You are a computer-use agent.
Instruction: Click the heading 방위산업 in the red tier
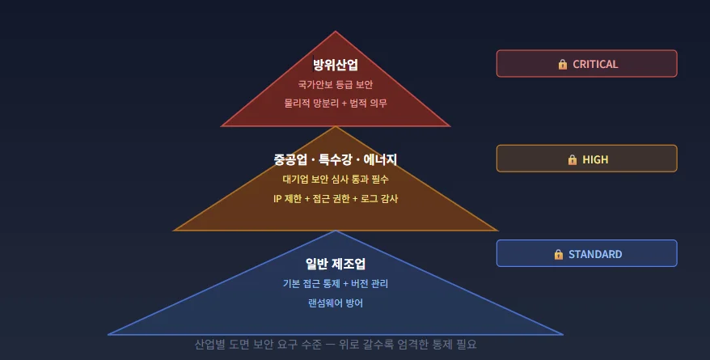pyautogui.click(x=336, y=65)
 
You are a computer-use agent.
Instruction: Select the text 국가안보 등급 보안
pyautogui.click(x=336, y=84)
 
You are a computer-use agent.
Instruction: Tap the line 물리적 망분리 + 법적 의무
pyautogui.click(x=336, y=104)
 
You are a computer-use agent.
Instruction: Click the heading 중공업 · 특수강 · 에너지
pyautogui.click(x=336, y=159)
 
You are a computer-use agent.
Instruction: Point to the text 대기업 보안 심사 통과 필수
pyautogui.click(x=336, y=179)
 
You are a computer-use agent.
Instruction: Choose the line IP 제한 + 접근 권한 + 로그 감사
pyautogui.click(x=336, y=198)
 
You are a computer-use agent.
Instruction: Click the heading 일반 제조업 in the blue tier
pyautogui.click(x=336, y=264)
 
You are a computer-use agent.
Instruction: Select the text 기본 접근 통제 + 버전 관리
pyautogui.click(x=336, y=284)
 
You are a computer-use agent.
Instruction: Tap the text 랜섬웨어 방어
pyautogui.click(x=336, y=303)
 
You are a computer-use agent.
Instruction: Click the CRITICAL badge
pyautogui.click(x=586, y=64)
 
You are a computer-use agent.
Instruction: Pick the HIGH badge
pyautogui.click(x=586, y=159)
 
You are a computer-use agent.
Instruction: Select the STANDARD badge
pyautogui.click(x=586, y=254)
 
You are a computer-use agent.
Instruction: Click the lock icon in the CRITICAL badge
pyautogui.click(x=563, y=64)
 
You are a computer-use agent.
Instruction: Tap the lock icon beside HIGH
pyautogui.click(x=573, y=159)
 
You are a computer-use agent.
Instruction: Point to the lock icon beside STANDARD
pyautogui.click(x=559, y=254)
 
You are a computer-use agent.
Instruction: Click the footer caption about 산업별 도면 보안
pyautogui.click(x=336, y=345)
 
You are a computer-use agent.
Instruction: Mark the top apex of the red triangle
pyautogui.click(x=336, y=32)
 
